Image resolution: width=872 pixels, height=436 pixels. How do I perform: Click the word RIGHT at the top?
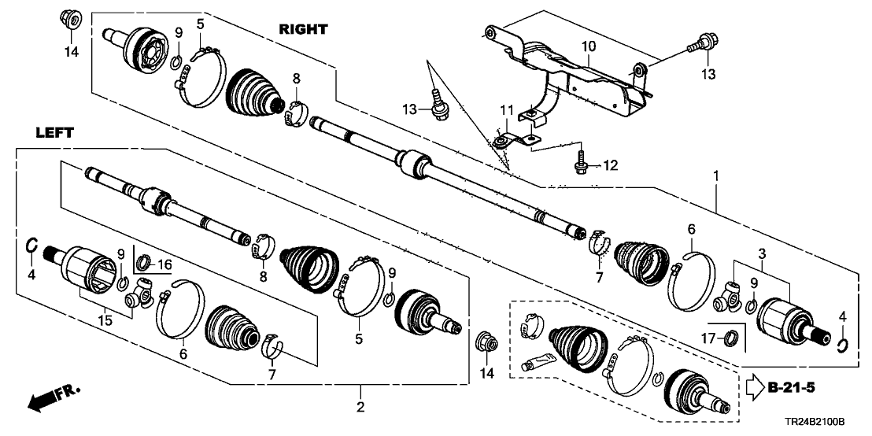click(x=302, y=29)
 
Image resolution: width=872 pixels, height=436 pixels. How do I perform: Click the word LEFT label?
click(x=54, y=134)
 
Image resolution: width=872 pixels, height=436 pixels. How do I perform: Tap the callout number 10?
click(x=589, y=48)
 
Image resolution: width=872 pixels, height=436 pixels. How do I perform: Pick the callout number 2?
click(x=360, y=408)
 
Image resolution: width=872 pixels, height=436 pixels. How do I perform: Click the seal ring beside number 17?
click(x=732, y=339)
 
